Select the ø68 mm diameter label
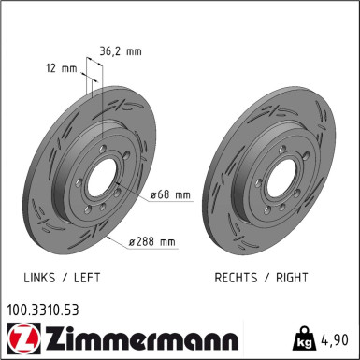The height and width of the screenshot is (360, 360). (x=169, y=195)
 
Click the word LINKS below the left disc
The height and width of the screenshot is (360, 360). (x=41, y=279)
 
